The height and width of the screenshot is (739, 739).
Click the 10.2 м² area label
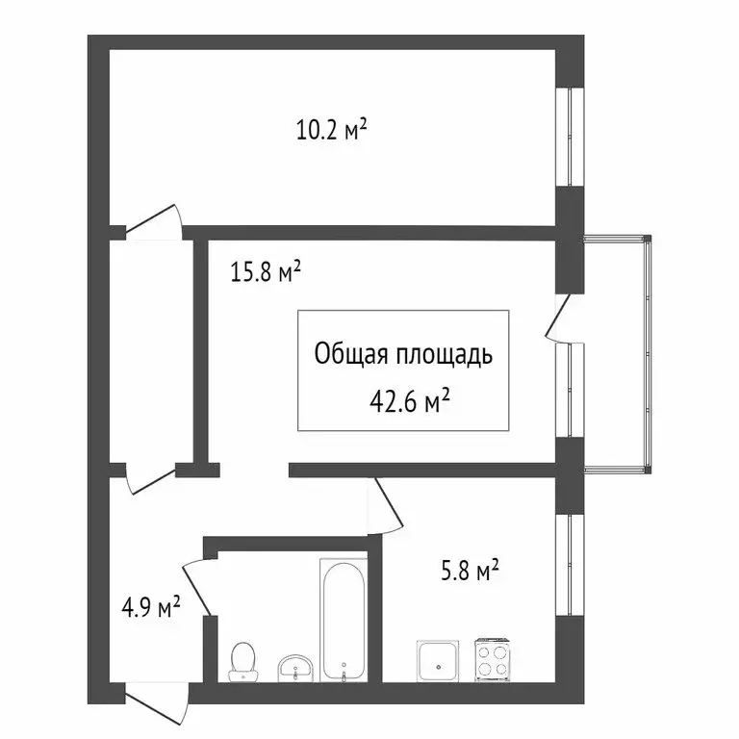[332, 129]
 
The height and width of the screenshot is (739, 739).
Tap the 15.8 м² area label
[266, 273]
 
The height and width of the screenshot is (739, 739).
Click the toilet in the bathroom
[243, 659]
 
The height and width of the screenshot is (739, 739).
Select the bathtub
[343, 621]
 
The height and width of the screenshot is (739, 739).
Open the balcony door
[558, 318]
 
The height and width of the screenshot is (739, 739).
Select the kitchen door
[383, 505]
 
